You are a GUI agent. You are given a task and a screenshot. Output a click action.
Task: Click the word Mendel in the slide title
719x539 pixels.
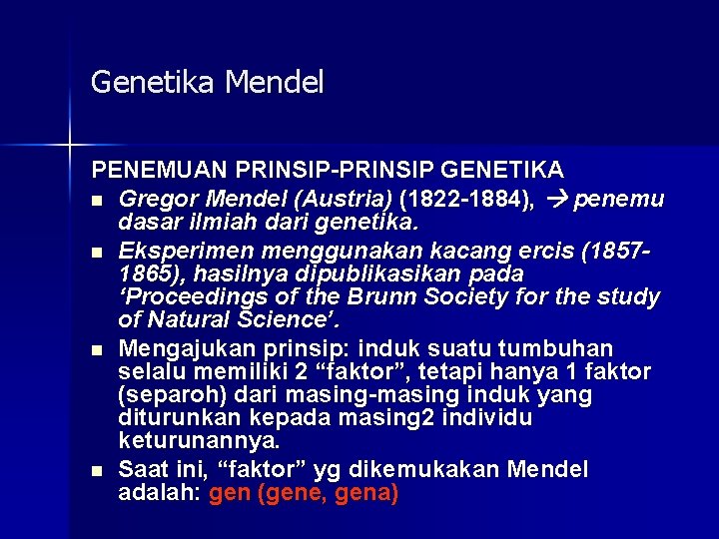[275, 82]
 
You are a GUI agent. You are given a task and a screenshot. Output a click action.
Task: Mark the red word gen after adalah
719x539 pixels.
[229, 493]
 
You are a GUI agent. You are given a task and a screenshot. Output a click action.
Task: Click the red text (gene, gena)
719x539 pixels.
[329, 493]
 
